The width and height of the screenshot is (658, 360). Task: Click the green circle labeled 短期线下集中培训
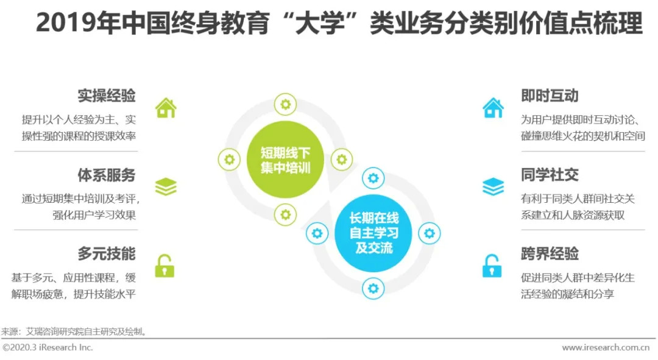[x=285, y=160]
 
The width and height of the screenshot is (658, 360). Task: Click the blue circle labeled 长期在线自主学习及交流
[x=373, y=233]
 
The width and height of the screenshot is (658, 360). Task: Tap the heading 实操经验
[x=107, y=96]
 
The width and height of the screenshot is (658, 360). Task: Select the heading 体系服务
[x=107, y=175]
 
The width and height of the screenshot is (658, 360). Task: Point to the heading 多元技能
[x=107, y=254]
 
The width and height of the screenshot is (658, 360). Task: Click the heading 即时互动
[x=550, y=96]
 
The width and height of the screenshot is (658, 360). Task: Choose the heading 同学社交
[x=550, y=175]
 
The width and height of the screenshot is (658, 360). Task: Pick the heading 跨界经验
[x=550, y=254]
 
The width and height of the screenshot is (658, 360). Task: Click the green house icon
[x=166, y=108]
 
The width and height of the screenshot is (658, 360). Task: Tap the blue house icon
[x=493, y=108]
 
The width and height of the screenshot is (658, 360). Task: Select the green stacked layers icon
[x=166, y=187]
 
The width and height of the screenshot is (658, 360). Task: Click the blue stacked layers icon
[x=493, y=187]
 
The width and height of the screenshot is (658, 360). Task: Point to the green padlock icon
[x=164, y=266]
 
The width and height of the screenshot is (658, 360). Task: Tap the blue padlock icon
[x=492, y=266]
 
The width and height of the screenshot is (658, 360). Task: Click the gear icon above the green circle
[x=285, y=104]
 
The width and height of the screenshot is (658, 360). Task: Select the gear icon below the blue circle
[x=373, y=288]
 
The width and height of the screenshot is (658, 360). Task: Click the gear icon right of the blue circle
[x=429, y=233]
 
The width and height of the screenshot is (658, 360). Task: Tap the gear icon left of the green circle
[x=229, y=160]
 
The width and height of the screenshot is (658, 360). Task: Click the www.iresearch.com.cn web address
[x=605, y=348]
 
